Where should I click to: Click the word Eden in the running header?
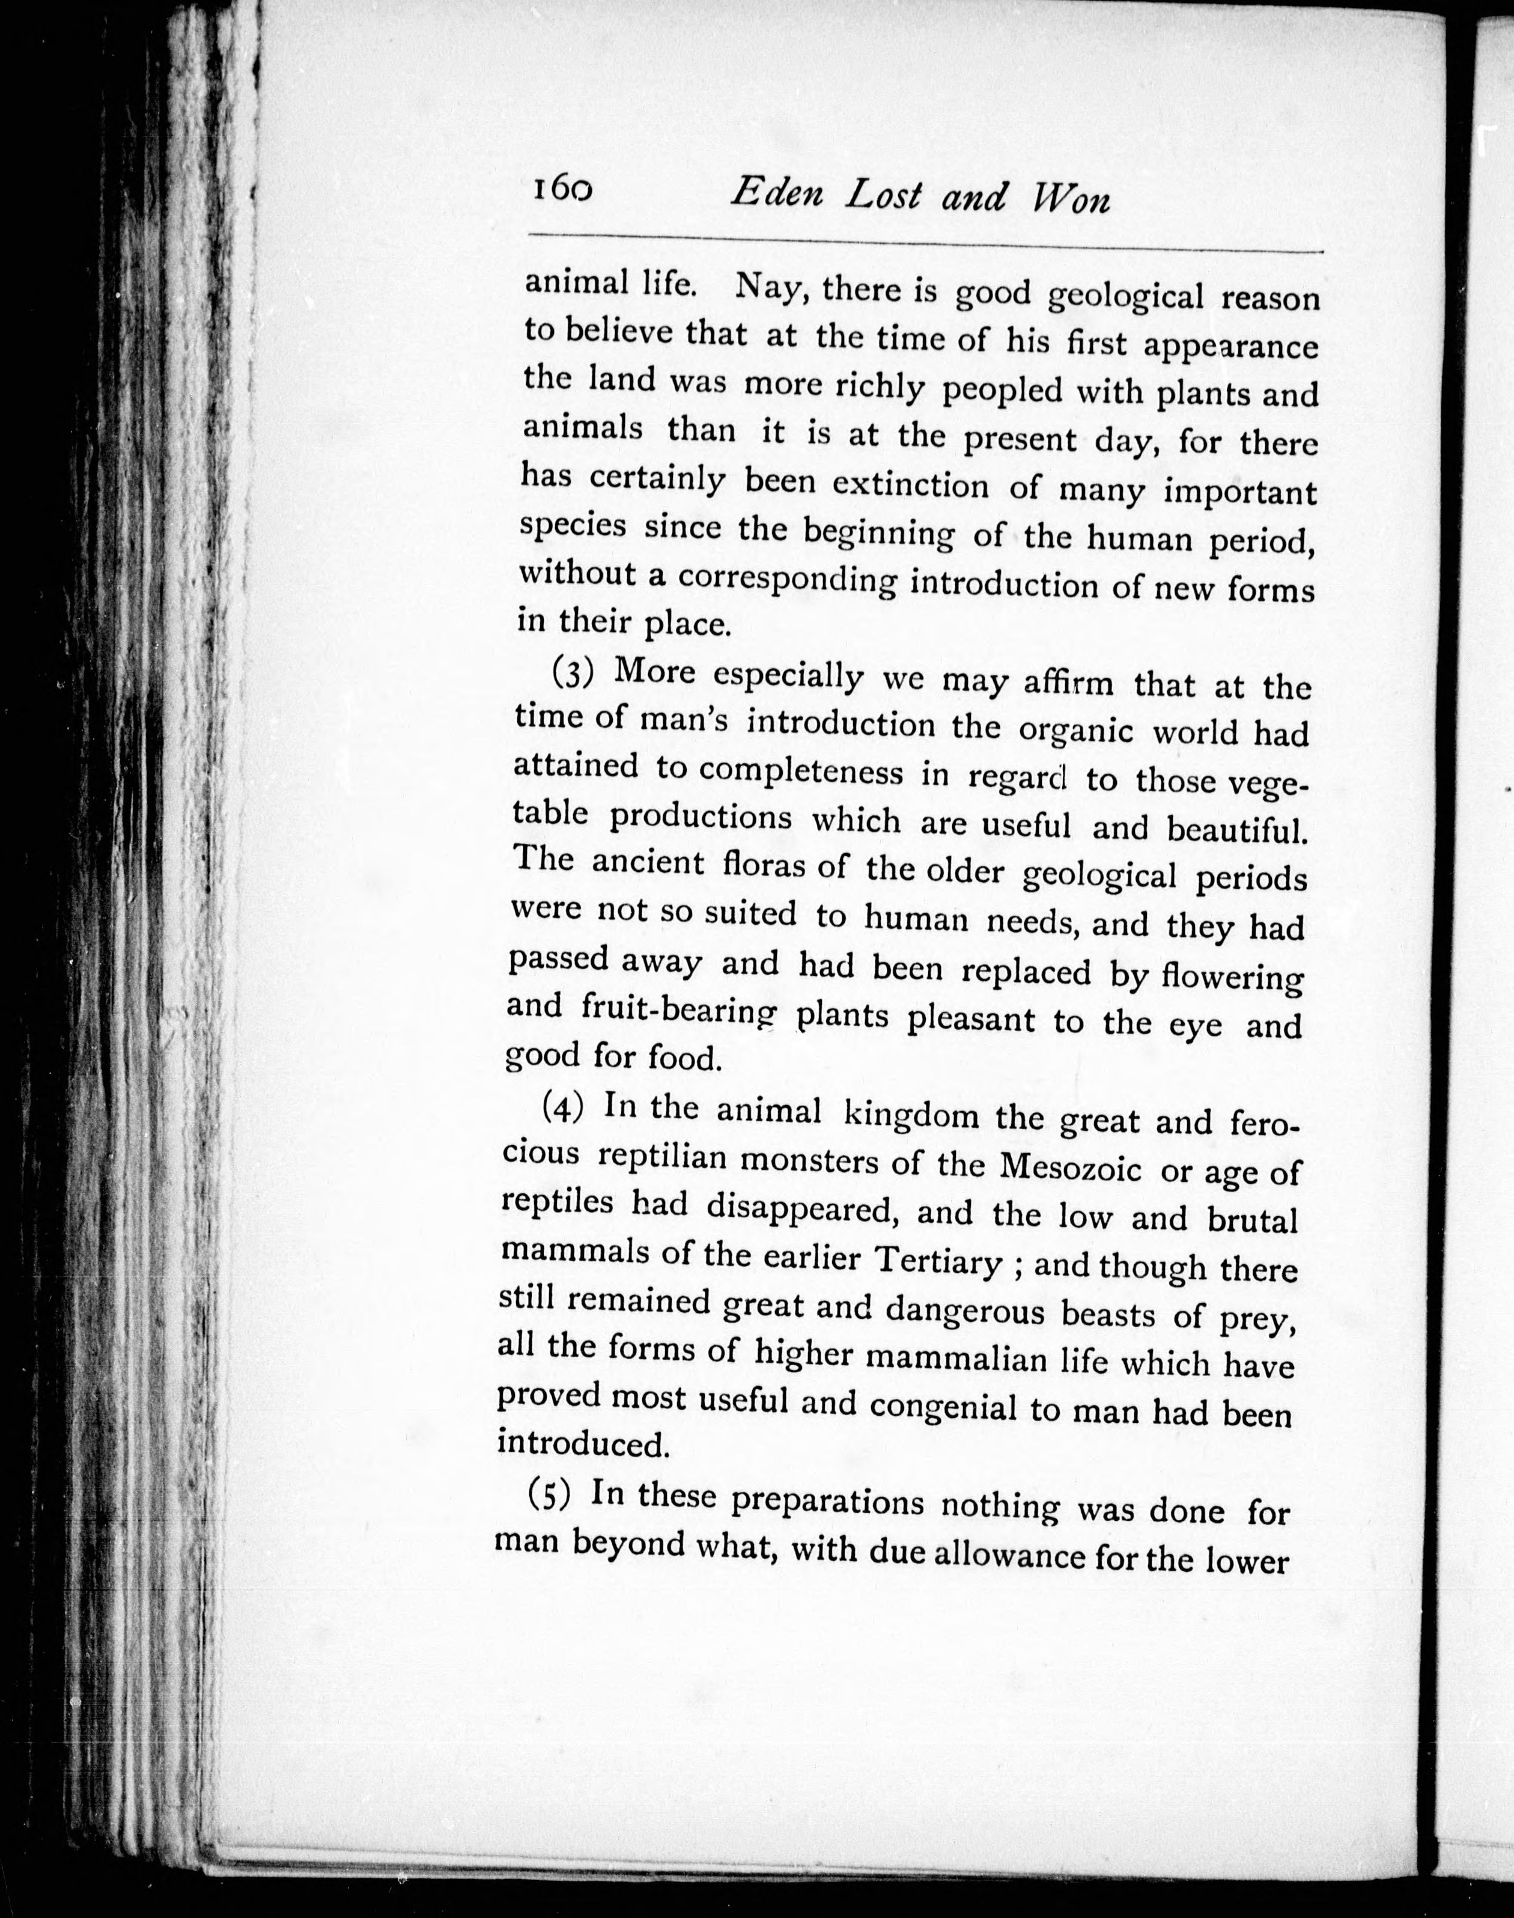tap(777, 194)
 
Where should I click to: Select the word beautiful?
tap(1236, 829)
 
